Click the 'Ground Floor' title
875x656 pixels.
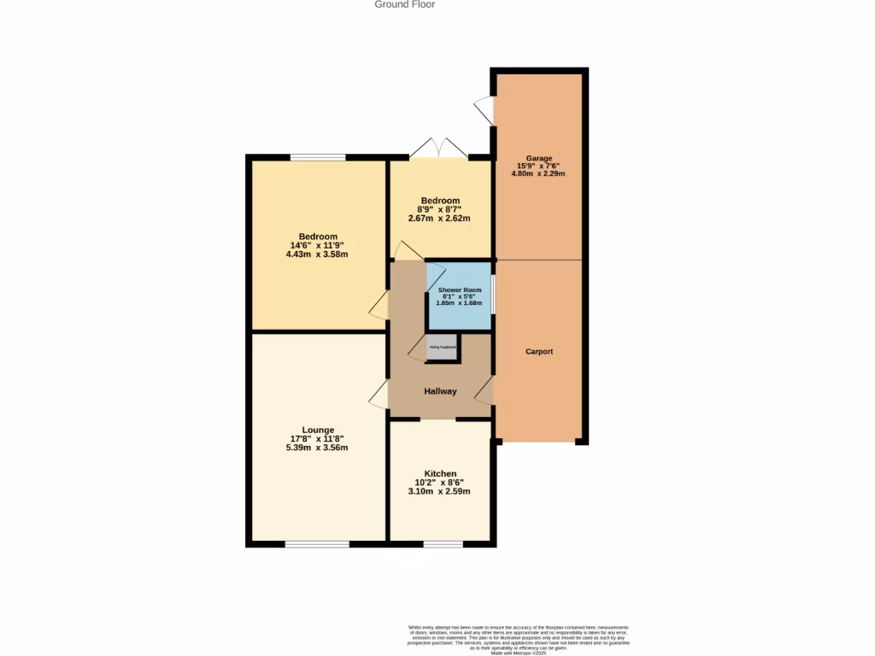pyautogui.click(x=405, y=5)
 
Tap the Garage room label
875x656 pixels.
pyautogui.click(x=538, y=158)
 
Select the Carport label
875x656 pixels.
pyautogui.click(x=539, y=351)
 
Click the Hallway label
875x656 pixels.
pyautogui.click(x=440, y=391)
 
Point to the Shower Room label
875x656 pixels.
pyautogui.click(x=460, y=290)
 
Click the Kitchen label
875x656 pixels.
pyautogui.click(x=440, y=473)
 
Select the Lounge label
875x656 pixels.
pyautogui.click(x=318, y=430)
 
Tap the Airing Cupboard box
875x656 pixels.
pyautogui.click(x=442, y=348)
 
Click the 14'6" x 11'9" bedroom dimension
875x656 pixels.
pyautogui.click(x=318, y=245)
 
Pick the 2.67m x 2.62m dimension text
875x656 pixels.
pyautogui.click(x=440, y=218)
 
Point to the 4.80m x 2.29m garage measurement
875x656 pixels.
pyautogui.click(x=538, y=173)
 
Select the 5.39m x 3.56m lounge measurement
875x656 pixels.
pyautogui.click(x=318, y=448)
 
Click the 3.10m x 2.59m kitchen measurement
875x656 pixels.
pyautogui.click(x=440, y=491)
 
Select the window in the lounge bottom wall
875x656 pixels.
pyautogui.click(x=317, y=543)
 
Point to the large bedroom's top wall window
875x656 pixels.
pyautogui.click(x=318, y=157)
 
